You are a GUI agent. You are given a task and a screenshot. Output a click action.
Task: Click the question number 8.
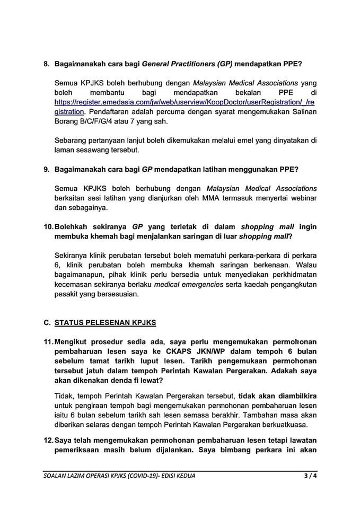[x=46, y=64]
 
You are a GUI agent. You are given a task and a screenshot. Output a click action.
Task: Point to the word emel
[x=215, y=141]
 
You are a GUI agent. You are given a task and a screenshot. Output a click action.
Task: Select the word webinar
[x=302, y=198]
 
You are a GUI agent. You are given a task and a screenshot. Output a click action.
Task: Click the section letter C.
[x=47, y=322]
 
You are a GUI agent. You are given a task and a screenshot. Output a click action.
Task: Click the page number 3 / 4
[x=304, y=476]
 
